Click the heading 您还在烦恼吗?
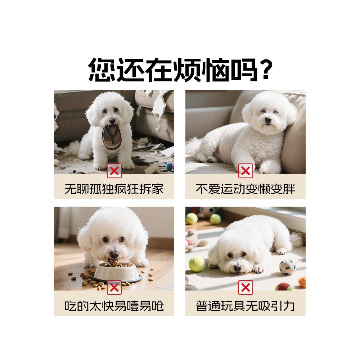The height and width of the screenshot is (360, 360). (x=180, y=69)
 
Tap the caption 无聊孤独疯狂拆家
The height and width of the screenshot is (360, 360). (x=114, y=189)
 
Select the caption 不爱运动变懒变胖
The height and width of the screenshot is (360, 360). (x=246, y=189)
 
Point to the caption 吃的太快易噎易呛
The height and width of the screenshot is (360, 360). (x=114, y=306)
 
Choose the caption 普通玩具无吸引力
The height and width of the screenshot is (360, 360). (x=246, y=306)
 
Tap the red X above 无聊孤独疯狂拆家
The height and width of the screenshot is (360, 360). (x=114, y=171)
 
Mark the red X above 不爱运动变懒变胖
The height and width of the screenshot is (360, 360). (x=246, y=171)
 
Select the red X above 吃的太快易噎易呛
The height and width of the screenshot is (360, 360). (x=114, y=287)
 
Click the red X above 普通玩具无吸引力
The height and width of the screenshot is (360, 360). (x=246, y=287)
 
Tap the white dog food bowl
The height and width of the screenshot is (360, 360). (x=116, y=273)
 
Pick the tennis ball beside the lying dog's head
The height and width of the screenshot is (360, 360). (x=197, y=264)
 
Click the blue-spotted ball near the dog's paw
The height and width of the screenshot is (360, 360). (x=287, y=267)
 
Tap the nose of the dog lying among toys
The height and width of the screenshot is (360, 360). (x=237, y=268)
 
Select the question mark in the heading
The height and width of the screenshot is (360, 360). (x=265, y=69)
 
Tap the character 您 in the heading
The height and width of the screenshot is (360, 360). (x=102, y=69)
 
